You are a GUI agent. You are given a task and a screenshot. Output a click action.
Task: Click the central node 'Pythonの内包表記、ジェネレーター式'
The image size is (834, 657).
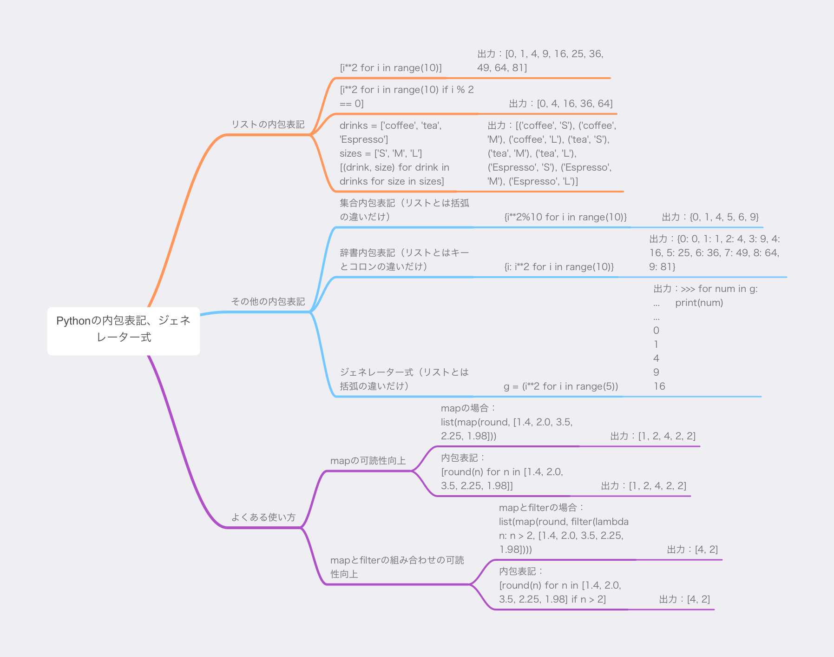point(124,331)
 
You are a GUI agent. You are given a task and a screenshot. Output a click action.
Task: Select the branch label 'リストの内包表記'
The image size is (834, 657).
point(268,124)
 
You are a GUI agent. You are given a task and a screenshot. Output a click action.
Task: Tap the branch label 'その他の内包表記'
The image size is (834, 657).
point(268,301)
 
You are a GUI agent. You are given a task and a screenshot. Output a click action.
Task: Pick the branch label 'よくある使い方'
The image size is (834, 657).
point(263,517)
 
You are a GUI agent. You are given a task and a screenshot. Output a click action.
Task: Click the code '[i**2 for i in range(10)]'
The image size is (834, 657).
point(391,68)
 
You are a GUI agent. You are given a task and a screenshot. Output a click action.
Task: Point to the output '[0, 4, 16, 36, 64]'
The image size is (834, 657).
point(575,104)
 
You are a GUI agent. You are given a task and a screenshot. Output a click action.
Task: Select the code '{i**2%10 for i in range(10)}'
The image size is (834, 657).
point(566,217)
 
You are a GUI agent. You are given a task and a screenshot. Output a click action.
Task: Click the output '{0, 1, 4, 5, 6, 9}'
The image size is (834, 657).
point(724,217)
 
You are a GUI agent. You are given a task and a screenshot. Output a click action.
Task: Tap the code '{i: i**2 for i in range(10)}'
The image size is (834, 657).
point(559,267)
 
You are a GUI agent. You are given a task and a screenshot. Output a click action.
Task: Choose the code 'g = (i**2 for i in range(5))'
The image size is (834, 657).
point(561,386)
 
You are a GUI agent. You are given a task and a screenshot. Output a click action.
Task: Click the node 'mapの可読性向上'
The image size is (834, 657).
point(368,461)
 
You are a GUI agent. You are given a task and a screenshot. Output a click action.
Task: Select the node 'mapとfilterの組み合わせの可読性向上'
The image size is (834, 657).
point(397,567)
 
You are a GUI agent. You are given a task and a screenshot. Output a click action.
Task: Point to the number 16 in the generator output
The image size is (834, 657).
point(659,386)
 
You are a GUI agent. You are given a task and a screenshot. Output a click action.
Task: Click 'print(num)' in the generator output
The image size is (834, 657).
point(699,303)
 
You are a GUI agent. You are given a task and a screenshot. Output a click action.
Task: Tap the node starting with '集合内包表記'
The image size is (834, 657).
point(404,210)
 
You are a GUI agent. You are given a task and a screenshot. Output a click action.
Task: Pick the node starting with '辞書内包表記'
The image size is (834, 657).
point(404,259)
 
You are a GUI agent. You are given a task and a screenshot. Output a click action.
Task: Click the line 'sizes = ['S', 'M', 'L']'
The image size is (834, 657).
point(381,153)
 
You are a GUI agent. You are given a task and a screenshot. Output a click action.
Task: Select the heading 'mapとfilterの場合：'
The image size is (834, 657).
point(542,508)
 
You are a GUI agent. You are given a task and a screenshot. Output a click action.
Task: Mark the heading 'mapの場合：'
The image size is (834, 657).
point(469,408)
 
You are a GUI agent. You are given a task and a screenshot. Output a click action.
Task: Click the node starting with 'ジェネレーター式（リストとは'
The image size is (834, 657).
point(404,379)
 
